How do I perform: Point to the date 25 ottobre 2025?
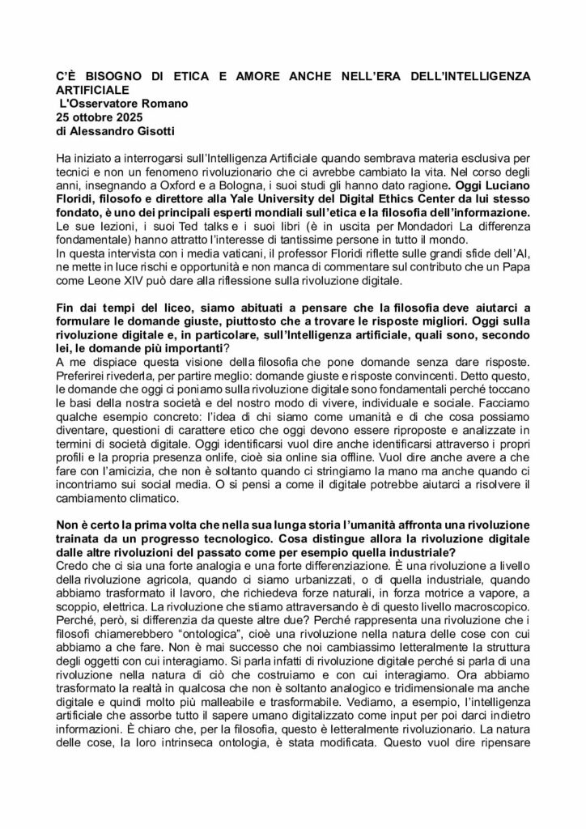(x=100, y=117)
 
